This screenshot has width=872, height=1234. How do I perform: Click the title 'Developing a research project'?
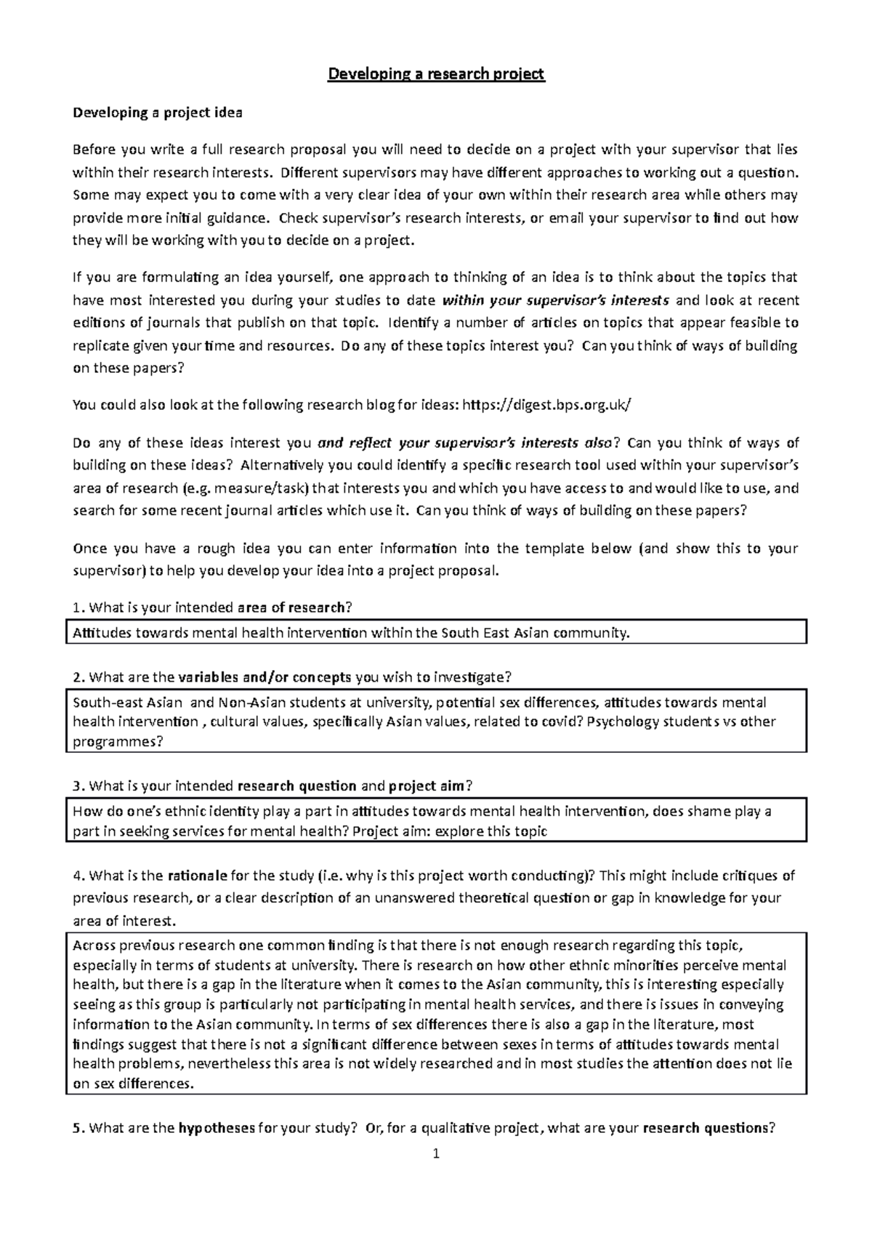pos(436,74)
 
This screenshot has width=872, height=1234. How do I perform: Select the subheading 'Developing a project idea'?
pos(158,113)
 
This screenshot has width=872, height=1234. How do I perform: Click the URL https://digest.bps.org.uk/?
pos(542,405)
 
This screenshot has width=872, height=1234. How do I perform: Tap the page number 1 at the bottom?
pos(436,1153)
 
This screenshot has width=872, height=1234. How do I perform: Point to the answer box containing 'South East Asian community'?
pos(436,632)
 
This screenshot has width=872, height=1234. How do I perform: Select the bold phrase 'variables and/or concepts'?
pos(265,677)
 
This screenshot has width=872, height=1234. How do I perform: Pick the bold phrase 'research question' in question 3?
pos(297,786)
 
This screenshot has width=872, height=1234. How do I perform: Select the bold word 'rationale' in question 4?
pos(198,875)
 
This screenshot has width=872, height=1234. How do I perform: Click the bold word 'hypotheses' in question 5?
pos(216,1129)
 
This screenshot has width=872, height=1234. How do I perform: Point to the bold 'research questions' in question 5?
pos(706,1129)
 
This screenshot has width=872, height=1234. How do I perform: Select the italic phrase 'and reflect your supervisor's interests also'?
pos(465,443)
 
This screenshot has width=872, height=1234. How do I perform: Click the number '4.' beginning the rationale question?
pos(79,875)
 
